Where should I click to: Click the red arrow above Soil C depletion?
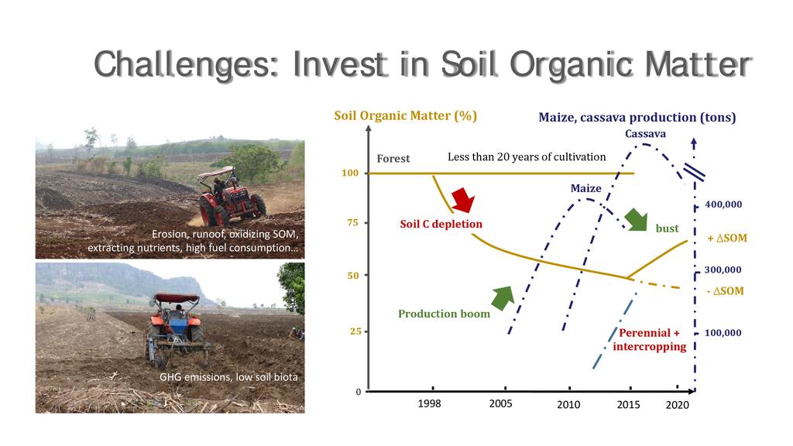(463, 199)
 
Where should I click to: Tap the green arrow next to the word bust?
(637, 219)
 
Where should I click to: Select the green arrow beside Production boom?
(503, 298)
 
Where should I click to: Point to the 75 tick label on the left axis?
(352, 222)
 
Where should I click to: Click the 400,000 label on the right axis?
(723, 204)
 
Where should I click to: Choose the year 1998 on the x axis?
(429, 403)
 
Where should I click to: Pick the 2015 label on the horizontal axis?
(628, 404)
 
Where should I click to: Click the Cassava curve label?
(645, 134)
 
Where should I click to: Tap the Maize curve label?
(586, 189)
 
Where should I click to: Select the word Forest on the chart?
(393, 158)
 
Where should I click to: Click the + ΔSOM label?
(726, 238)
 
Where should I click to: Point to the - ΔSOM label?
(725, 291)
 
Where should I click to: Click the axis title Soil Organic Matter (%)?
(406, 116)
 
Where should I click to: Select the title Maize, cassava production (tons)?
(637, 118)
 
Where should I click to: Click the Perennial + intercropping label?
(650, 339)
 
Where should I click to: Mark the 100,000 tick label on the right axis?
(723, 333)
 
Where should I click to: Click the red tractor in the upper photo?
(232, 198)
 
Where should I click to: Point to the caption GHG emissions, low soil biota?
(228, 377)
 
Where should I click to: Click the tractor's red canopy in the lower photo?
(177, 298)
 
